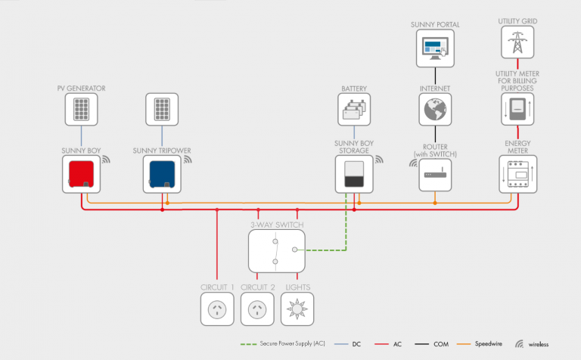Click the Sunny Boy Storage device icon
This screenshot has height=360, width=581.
click(354, 174)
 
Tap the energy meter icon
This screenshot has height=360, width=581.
click(517, 174)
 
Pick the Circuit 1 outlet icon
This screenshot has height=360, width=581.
click(217, 309)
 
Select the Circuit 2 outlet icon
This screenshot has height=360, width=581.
click(258, 309)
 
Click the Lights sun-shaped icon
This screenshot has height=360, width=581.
click(297, 309)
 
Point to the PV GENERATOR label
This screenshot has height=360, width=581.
click(81, 88)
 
